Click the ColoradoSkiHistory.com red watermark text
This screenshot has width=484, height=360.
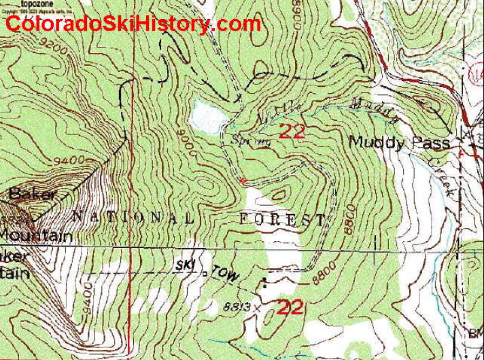(x=133, y=24)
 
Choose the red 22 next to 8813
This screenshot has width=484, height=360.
(x=289, y=307)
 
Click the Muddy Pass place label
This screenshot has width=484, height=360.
(x=400, y=143)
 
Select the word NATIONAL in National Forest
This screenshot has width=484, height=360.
(x=133, y=217)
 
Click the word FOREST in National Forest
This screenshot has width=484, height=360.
(x=283, y=219)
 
